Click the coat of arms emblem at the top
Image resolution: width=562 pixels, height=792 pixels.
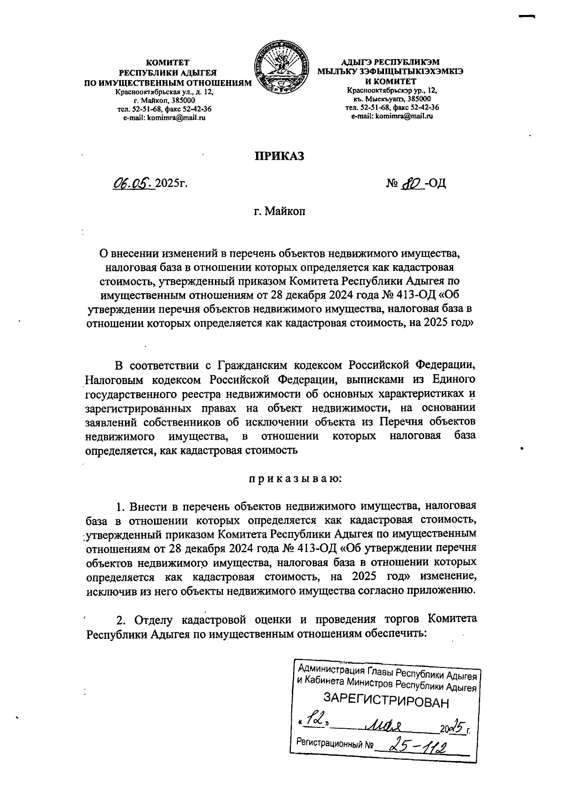(x=281, y=68)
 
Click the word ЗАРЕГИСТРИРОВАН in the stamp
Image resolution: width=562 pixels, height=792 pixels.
(x=386, y=701)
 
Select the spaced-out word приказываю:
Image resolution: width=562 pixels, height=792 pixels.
(x=295, y=479)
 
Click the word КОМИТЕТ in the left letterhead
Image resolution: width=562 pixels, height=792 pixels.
(x=167, y=62)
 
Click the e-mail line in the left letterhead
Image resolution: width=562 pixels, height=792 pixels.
(x=164, y=118)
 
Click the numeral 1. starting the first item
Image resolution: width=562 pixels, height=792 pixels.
(x=121, y=507)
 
